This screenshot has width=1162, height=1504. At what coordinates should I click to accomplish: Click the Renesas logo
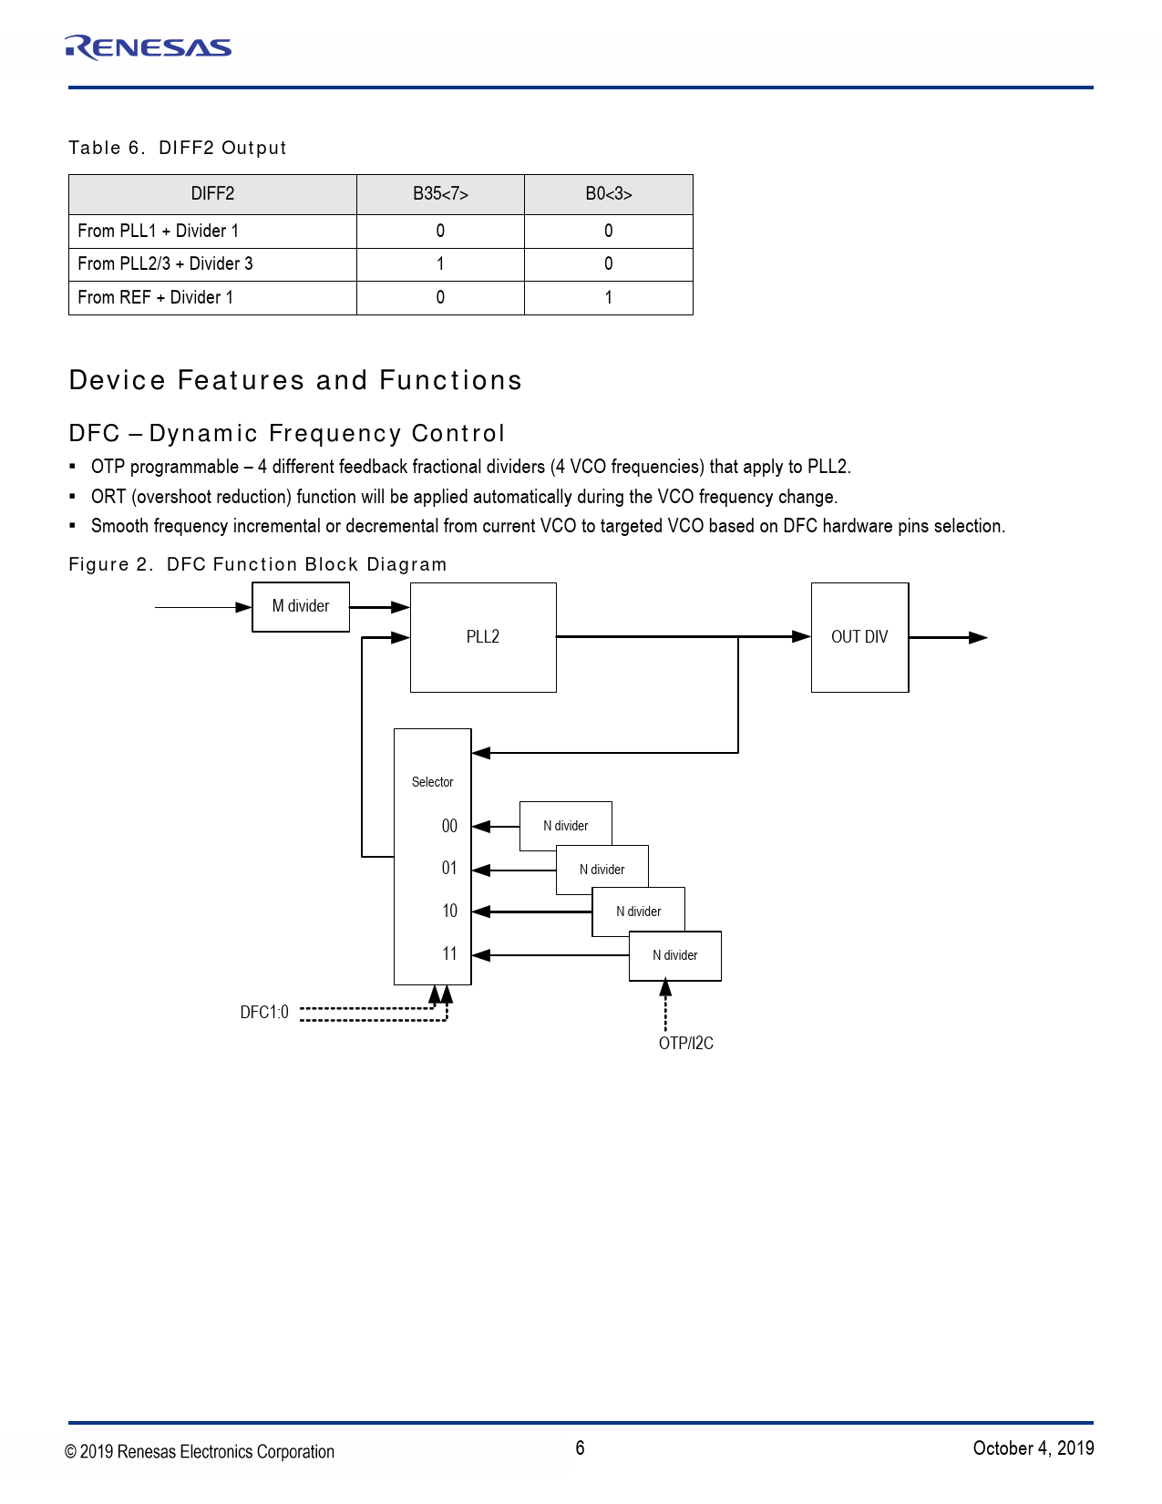pos(148,47)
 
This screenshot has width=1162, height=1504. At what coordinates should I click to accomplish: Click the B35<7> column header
pos(440,194)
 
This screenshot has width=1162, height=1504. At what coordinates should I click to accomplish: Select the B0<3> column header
pos(608,194)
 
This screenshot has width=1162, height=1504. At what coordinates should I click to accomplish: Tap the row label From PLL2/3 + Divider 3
pos(165,264)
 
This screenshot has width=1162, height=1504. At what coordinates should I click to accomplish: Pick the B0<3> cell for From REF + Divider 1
pos(608,297)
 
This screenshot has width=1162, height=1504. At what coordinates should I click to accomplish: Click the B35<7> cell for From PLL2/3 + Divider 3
pos(440,264)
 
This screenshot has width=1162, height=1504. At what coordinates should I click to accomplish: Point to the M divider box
pos(301,606)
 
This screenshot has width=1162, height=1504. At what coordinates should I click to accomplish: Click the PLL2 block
pos(483,637)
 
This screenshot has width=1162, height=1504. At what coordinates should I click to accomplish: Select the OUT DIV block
pos(859,637)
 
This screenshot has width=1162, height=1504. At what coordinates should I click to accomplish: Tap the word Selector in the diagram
pos(432,782)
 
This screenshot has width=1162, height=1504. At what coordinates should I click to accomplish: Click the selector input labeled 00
pos(449,826)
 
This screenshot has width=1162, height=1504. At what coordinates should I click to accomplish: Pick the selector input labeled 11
pos(449,954)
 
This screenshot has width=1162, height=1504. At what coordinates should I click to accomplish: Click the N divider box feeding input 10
pos(639,912)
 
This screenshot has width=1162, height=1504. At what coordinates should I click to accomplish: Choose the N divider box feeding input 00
pos(565,826)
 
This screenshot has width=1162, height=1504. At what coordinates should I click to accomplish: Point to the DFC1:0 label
pos(264,1013)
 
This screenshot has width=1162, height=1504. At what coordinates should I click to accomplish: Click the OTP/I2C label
pos(686,1044)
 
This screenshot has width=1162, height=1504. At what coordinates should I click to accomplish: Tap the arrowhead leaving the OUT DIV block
pos(978,638)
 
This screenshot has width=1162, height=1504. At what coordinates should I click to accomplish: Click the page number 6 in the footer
pos(580,1448)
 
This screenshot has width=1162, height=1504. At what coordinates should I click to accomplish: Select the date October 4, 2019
pos(1033,1448)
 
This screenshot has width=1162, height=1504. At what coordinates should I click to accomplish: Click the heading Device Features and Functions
pos(295,380)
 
